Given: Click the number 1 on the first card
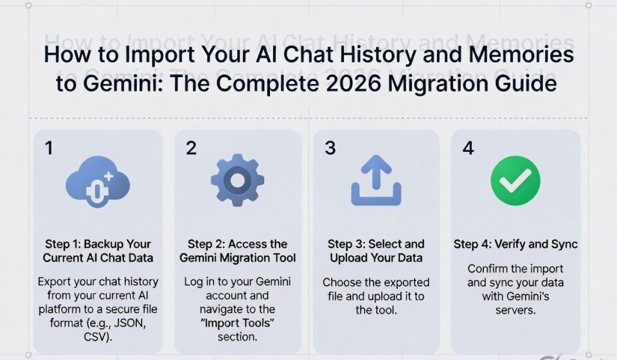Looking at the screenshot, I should click(49, 148).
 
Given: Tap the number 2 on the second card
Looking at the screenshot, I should click(191, 148).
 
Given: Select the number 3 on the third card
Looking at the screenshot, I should click(330, 148).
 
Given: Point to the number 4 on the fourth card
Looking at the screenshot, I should click(469, 148).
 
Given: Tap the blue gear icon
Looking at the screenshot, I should click(237, 181).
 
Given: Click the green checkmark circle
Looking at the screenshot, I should click(515, 181).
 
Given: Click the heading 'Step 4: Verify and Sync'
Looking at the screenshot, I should click(515, 244).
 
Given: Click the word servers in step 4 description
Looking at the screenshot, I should click(515, 310).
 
